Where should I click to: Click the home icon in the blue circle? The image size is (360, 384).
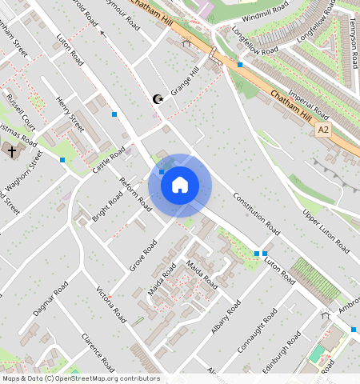pos(180,186)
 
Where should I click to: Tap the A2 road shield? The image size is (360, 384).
pos(323,129)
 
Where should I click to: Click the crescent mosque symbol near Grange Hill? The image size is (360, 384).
pos(157,99)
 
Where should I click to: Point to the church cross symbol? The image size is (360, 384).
pos(11,150)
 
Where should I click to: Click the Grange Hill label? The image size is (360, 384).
pos(182,91)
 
